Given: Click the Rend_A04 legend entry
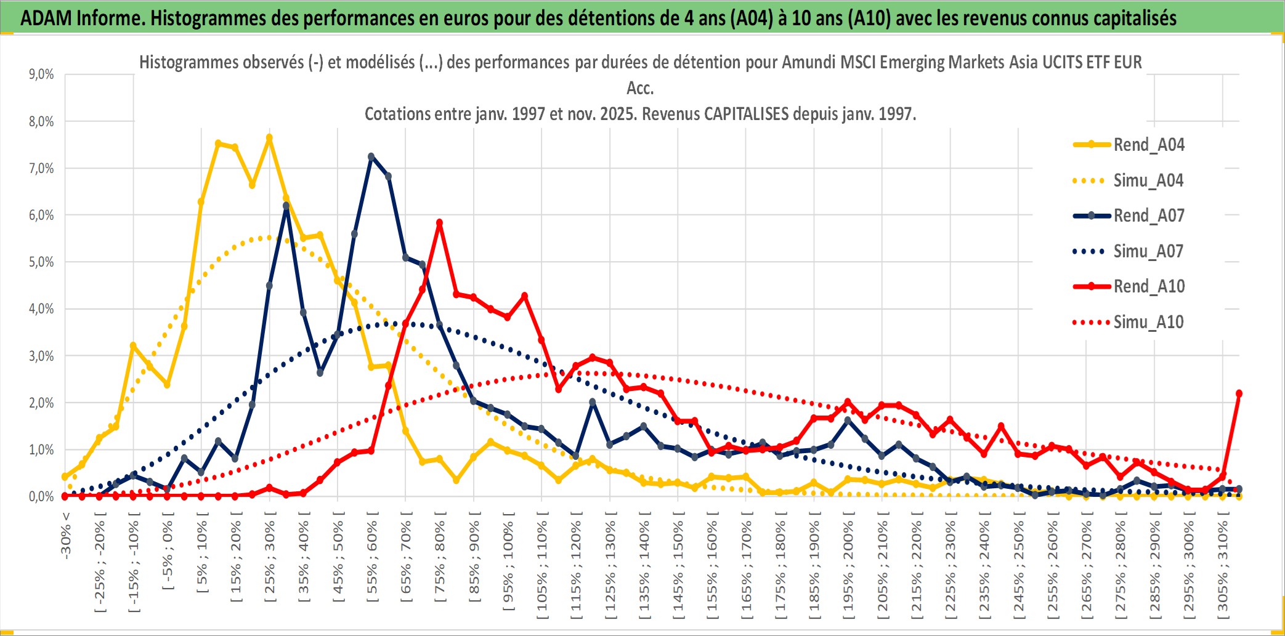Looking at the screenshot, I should pos(1148,145).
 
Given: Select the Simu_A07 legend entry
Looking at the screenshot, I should pos(1148,251).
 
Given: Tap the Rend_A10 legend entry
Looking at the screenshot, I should pos(1148,286).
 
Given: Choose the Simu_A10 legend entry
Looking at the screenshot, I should pos(1148,322).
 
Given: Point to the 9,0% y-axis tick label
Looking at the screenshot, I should pos(41,74).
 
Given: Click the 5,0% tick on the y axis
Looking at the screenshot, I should pos(41,262).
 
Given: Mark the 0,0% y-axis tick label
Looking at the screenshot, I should pos(41,496).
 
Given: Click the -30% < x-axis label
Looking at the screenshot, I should pos(66,534).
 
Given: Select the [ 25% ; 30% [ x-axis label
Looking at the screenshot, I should pos(270,560).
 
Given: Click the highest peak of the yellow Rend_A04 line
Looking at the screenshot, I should pos(269,138).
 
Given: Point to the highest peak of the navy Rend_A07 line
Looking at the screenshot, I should pos(371,157).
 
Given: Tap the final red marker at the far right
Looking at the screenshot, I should pos(1239,393).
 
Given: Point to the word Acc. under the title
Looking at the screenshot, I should pos(640,88).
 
